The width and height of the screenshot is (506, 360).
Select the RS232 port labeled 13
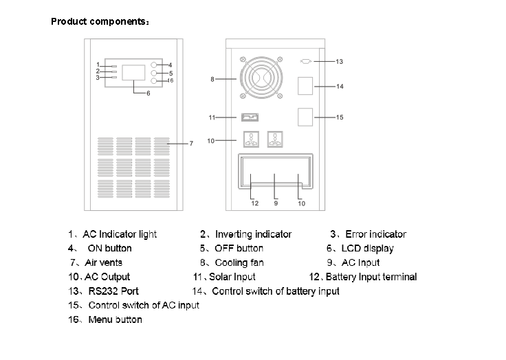coord(307,62)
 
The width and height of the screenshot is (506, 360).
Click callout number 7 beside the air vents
coord(191,144)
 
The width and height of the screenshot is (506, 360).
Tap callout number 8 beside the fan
coord(213,80)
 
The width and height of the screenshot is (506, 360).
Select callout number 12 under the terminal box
coord(254,203)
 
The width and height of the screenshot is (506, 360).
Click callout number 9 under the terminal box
coord(276,203)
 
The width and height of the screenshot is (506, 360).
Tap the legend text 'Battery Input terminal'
coord(371,277)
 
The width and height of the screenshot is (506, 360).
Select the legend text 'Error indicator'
coord(375,234)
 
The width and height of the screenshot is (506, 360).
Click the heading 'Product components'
coord(98,21)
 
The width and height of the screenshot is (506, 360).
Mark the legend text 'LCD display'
coord(369,248)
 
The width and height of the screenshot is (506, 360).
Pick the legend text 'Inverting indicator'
coord(254,234)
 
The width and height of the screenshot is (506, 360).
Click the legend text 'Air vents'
coord(104,262)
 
